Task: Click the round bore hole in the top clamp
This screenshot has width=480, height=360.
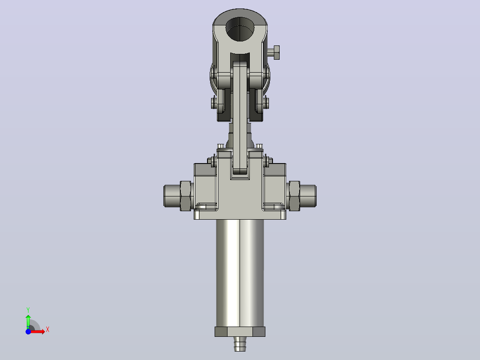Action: pos(240,29)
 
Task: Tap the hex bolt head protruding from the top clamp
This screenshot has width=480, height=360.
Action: pos(276,53)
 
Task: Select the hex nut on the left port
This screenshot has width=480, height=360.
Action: pos(185,196)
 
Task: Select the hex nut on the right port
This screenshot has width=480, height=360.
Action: pos(294,196)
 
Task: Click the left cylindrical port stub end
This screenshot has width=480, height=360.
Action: pos(172,196)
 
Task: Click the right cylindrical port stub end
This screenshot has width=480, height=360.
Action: pos(308,196)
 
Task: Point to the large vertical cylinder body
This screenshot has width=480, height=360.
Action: pos(240,273)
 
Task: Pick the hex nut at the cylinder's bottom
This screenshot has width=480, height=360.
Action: pos(240,332)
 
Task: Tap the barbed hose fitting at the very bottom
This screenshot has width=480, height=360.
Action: pos(240,344)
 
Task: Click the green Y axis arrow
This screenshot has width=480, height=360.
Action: pos(28,322)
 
